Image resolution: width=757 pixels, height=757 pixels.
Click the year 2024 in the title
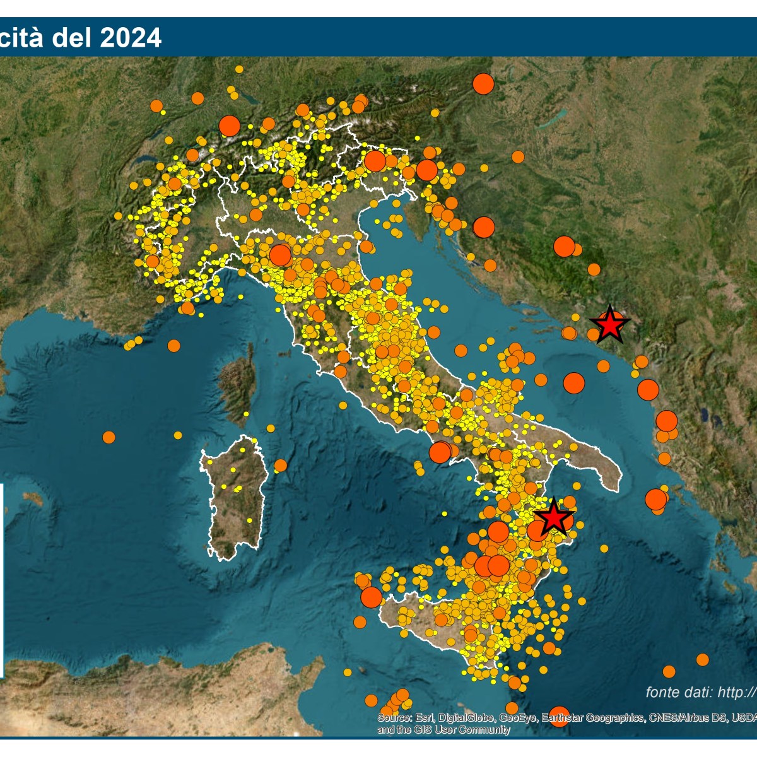point(131,38)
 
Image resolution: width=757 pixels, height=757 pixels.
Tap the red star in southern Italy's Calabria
point(553,517)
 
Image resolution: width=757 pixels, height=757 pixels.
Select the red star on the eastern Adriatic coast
point(609,324)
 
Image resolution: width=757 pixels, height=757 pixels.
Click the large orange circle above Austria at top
point(483,84)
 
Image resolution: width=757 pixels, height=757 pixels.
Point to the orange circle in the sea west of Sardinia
point(109,437)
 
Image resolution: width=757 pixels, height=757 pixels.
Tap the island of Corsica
point(238,385)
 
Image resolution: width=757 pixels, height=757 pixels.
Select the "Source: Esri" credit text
point(404,718)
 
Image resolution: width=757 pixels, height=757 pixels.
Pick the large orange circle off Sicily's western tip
point(372,597)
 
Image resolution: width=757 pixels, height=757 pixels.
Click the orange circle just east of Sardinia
point(280,466)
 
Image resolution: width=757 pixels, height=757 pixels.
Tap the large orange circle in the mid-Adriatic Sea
point(573,383)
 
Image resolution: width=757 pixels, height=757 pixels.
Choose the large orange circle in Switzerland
point(230,126)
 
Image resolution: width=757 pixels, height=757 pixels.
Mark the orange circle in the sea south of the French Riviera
point(173,346)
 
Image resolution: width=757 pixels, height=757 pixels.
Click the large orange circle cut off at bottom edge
point(559,716)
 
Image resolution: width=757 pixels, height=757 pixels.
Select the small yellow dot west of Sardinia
point(178,435)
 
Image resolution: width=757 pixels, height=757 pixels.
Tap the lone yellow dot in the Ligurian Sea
point(241,296)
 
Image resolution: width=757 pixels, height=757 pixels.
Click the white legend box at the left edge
point(2,580)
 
